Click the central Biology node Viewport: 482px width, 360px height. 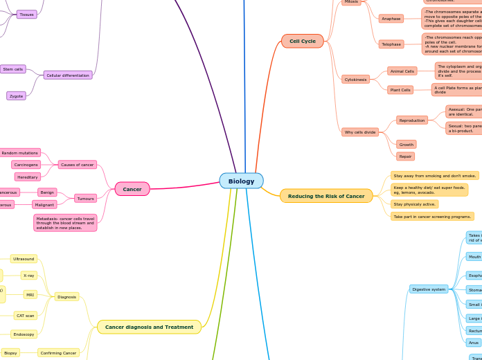(241, 181)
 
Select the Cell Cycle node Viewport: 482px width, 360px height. (302, 41)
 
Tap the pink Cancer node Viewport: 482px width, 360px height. (132, 189)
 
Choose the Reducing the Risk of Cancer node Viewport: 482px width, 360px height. (326, 196)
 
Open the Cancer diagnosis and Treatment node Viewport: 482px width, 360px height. (149, 327)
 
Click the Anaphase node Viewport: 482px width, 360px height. (391, 19)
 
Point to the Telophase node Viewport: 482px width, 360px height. (391, 44)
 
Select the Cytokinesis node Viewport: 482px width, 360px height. (356, 80)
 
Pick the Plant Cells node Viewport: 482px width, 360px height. (400, 90)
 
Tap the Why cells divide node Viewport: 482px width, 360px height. (360, 132)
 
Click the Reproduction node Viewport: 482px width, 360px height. (412, 120)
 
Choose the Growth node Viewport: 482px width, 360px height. (407, 145)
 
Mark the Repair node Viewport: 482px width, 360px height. (405, 156)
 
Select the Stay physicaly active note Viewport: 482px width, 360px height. (415, 204)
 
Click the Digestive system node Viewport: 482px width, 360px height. (429, 289)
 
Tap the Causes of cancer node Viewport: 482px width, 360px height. (78, 165)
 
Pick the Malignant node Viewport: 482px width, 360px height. (44, 205)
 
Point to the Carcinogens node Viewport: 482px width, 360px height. (26, 165)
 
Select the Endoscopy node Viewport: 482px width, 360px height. (24, 334)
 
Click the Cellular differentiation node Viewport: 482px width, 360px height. (68, 75)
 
